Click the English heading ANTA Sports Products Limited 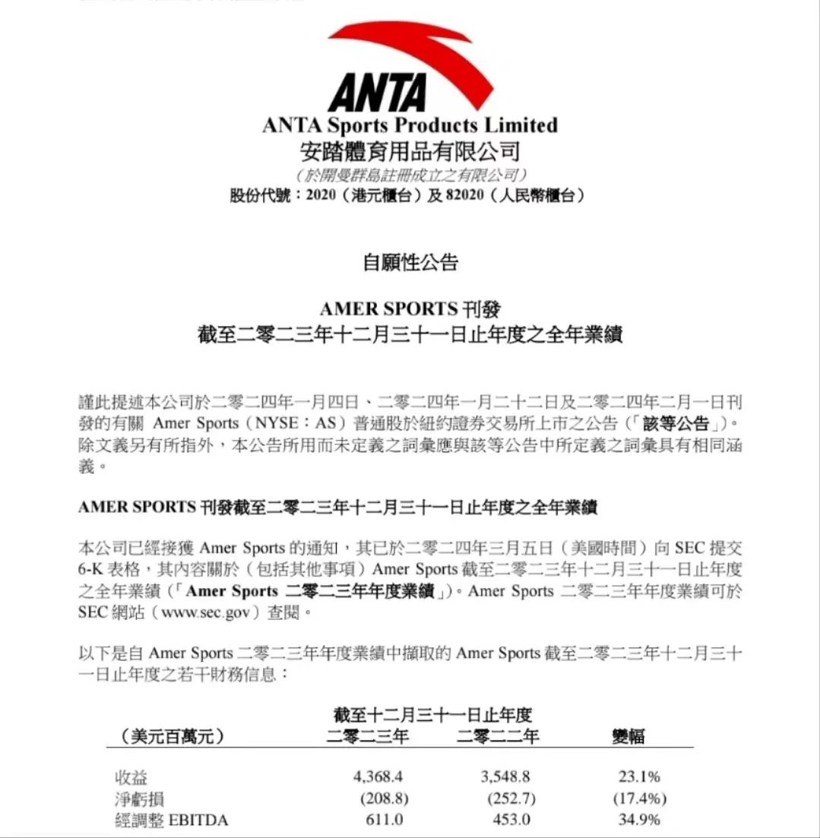[x=410, y=125]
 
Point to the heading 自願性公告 [x=410, y=264]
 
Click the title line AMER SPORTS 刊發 [x=410, y=309]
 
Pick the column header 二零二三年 [x=368, y=736]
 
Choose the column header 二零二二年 [x=498, y=736]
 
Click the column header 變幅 [x=628, y=736]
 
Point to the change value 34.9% [x=639, y=820]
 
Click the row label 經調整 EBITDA [x=171, y=820]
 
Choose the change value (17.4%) [x=639, y=798]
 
